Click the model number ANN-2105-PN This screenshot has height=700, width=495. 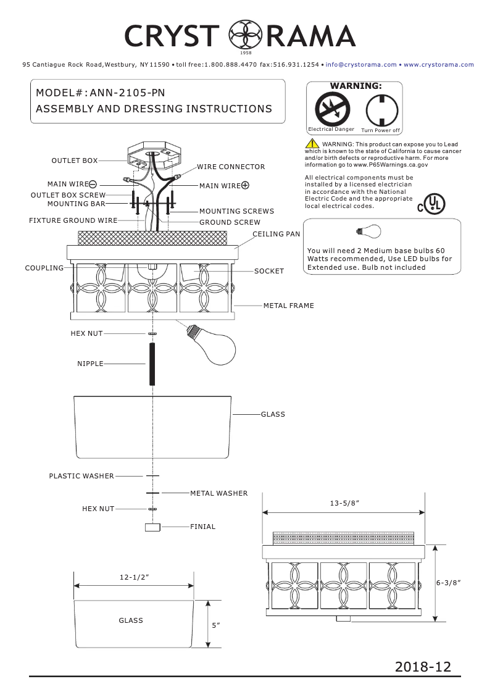[x=127, y=93]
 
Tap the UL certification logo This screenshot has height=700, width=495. [x=430, y=204]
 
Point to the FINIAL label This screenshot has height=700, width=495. [x=202, y=527]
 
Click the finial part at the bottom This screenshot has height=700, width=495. [x=152, y=527]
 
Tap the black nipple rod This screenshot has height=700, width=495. [x=152, y=364]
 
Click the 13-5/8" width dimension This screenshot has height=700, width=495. [x=344, y=504]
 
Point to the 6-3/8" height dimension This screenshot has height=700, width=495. [x=449, y=582]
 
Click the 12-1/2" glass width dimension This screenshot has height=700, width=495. [x=135, y=577]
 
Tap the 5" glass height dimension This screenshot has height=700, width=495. [x=216, y=625]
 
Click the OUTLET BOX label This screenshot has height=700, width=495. [x=74, y=160]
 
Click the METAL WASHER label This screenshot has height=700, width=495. [x=218, y=493]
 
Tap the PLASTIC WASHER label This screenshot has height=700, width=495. [x=81, y=476]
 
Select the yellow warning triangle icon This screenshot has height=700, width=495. [x=312, y=144]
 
